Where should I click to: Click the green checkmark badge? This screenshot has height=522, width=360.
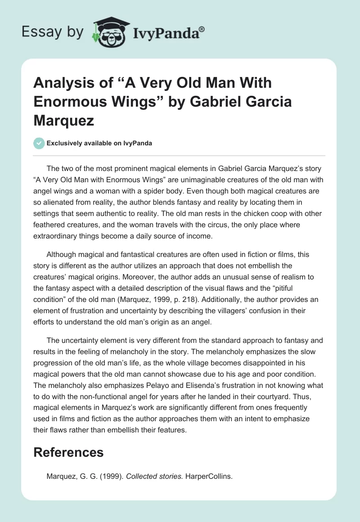[39, 143]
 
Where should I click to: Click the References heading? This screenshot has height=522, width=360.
[68, 452]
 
